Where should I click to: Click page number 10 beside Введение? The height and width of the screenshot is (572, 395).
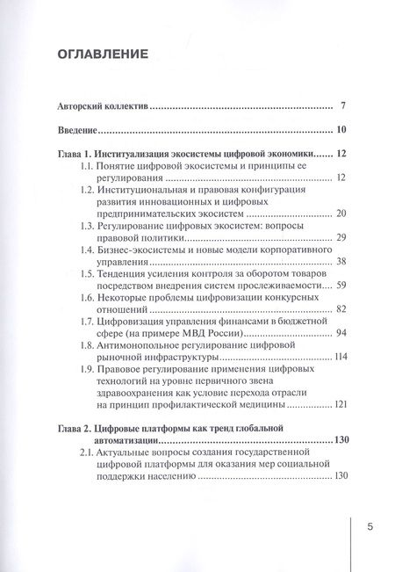[x=340, y=131]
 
